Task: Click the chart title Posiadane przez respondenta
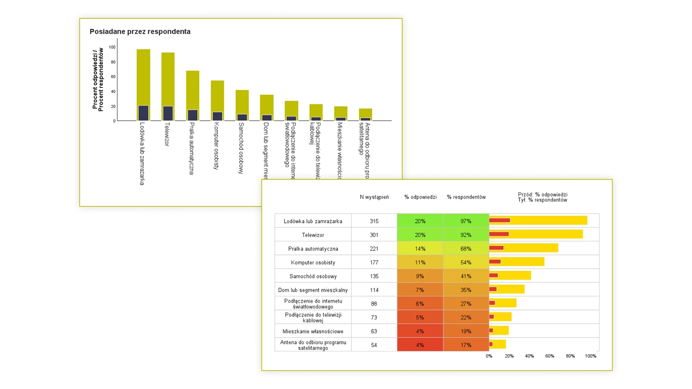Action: coord(140,32)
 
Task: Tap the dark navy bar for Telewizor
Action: coord(168,113)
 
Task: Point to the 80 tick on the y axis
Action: coord(113,62)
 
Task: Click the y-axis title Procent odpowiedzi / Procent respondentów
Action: coord(98,80)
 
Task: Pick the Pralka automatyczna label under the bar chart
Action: coord(192,148)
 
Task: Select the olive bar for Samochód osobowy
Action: coord(242,102)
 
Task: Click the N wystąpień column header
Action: coord(374,197)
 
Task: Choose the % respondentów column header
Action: coord(466,197)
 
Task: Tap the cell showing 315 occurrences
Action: coord(374,221)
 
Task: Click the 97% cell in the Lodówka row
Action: coord(466,221)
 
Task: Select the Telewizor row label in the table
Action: coord(313,235)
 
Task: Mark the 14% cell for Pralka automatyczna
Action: coord(420,249)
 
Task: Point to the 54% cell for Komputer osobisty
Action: coord(466,263)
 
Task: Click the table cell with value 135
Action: coord(374,276)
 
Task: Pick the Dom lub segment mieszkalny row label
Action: coord(313,290)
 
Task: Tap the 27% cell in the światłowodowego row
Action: coord(466,304)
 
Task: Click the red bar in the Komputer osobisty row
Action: coord(495,261)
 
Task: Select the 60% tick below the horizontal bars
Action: coord(550,356)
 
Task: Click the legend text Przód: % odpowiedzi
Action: coord(542,194)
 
